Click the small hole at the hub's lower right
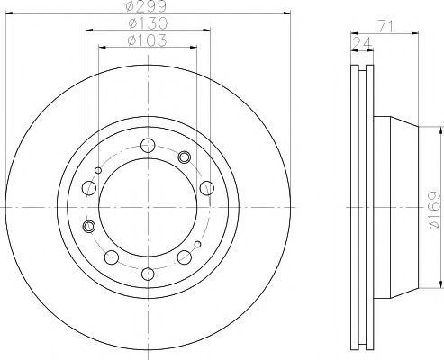coord(198,246)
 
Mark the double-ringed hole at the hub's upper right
coord(186,157)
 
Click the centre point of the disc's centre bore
coord(149,207)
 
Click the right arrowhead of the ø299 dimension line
coord(289,14)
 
